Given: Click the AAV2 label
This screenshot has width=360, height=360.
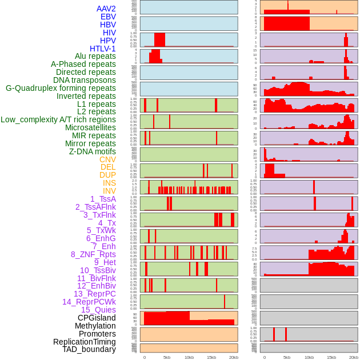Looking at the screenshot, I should [106, 9].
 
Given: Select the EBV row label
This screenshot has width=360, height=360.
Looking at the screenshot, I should [108, 17].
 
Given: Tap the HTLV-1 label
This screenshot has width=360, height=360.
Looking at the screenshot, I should [103, 49].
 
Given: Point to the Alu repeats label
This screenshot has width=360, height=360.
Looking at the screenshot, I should [95, 57].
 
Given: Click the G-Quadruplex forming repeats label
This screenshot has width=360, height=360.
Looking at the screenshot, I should [61, 88].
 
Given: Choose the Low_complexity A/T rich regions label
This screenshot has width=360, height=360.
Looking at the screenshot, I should [58, 119].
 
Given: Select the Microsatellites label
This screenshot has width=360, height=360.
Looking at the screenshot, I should [90, 127].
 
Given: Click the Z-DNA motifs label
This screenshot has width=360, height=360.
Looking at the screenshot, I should [93, 151].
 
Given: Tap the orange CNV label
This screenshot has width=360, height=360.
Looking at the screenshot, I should [107, 159].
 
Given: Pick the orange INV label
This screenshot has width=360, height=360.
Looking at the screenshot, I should [109, 191].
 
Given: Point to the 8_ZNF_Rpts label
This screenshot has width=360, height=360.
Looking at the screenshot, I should [93, 254].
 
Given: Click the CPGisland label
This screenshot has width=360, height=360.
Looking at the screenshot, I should [97, 318].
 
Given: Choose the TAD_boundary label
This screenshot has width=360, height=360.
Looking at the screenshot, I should [89, 349].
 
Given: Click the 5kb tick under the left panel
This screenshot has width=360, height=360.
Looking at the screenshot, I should [167, 357].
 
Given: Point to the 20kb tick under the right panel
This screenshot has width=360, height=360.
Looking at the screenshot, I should [353, 357].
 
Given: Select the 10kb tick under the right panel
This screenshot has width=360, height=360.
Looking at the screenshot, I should [309, 357].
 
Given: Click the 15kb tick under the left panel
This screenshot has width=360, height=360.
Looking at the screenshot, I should [211, 357].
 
